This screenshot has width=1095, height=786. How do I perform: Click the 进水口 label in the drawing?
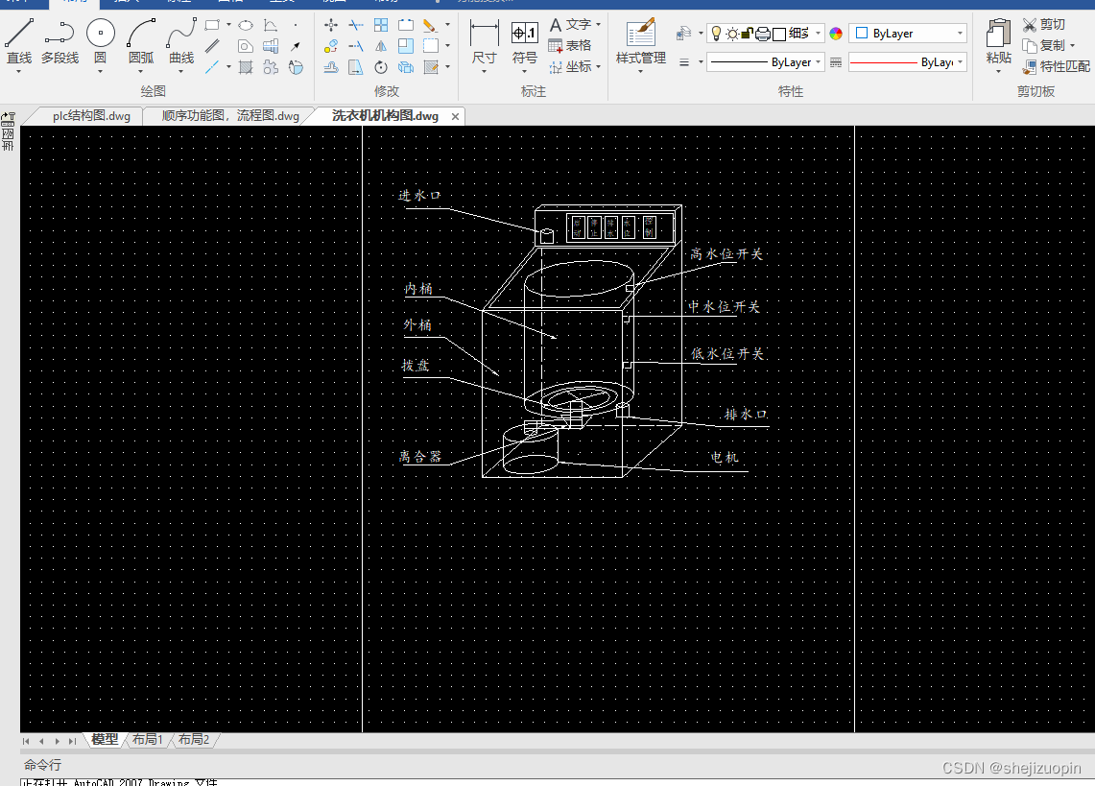click(419, 196)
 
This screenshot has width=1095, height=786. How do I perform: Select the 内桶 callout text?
click(417, 289)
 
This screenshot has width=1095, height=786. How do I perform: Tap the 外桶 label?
click(417, 325)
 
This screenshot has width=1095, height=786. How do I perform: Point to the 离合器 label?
click(420, 457)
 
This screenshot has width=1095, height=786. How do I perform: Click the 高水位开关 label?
click(726, 255)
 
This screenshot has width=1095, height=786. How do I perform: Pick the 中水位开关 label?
click(724, 307)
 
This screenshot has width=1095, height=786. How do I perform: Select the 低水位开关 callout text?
click(727, 354)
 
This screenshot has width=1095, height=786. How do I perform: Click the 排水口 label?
click(746, 415)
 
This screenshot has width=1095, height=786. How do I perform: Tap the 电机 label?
click(725, 458)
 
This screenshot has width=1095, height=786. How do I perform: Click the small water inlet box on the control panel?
click(547, 234)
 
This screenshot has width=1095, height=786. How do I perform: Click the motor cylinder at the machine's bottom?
click(531, 451)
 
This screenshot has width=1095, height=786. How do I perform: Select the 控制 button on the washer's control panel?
click(650, 227)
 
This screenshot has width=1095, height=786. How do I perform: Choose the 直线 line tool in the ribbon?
click(19, 42)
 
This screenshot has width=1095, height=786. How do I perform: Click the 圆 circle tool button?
click(101, 42)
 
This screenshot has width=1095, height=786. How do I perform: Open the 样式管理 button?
click(640, 42)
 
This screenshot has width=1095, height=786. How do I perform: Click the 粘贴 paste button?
click(998, 42)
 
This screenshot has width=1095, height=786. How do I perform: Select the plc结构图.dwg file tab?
click(91, 116)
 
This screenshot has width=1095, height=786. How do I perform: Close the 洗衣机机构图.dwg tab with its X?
click(456, 116)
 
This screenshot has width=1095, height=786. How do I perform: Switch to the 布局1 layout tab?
click(147, 740)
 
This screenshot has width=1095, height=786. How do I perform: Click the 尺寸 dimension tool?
click(485, 42)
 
